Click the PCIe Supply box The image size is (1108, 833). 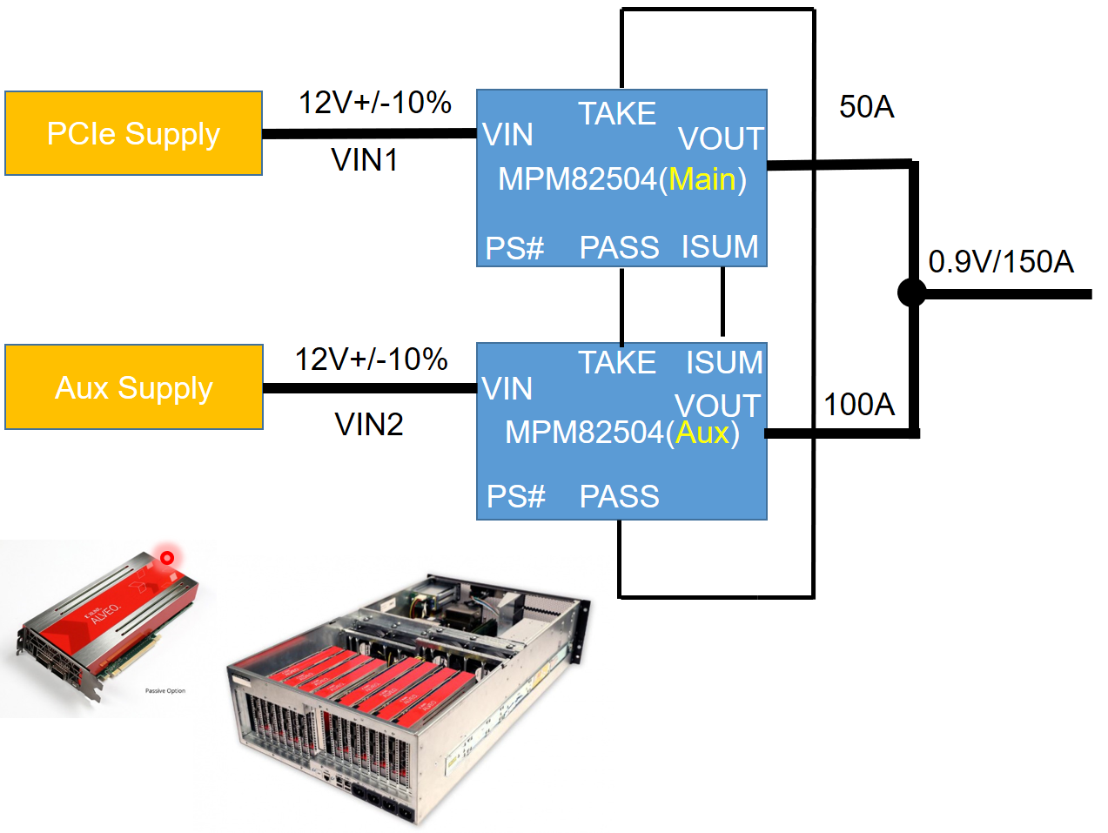pyautogui.click(x=133, y=133)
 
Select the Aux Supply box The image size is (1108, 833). pyautogui.click(x=134, y=387)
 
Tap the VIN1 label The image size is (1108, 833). pyautogui.click(x=365, y=160)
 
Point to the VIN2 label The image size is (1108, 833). pyautogui.click(x=369, y=424)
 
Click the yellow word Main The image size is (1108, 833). pyautogui.click(x=702, y=179)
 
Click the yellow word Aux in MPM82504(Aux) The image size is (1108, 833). pyautogui.click(x=702, y=433)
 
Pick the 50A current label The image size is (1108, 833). pyautogui.click(x=867, y=106)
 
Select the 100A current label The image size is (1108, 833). pyautogui.click(x=859, y=405)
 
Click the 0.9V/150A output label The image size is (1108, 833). pyautogui.click(x=1001, y=261)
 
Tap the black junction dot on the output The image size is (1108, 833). pyautogui.click(x=911, y=292)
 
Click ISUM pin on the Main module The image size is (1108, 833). pyautogui.click(x=720, y=246)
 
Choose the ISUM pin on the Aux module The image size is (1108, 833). pyautogui.click(x=724, y=362)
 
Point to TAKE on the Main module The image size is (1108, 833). pyautogui.click(x=617, y=113)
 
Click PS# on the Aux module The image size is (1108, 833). pyautogui.click(x=516, y=496)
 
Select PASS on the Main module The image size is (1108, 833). pyautogui.click(x=620, y=247)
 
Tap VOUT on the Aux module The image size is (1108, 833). pyautogui.click(x=718, y=405)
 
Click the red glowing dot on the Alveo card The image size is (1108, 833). pyautogui.click(x=167, y=557)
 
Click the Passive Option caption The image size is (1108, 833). pyautogui.click(x=165, y=690)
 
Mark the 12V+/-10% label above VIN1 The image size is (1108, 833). pyautogui.click(x=375, y=103)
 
